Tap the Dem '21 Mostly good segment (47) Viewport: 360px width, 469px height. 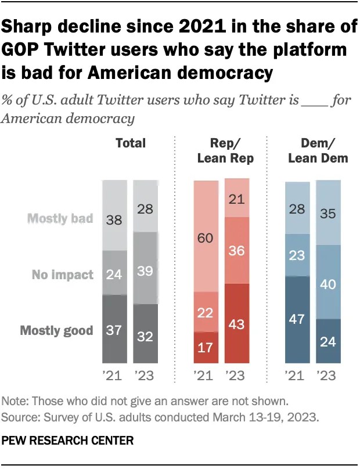point(298,320)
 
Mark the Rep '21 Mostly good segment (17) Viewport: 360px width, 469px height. point(206,347)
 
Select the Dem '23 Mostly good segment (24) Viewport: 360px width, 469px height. point(329,341)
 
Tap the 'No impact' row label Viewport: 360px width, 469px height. point(63,275)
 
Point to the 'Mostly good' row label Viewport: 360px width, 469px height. point(57,331)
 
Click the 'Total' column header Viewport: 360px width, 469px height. point(130,143)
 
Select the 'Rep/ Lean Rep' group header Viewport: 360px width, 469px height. point(221,150)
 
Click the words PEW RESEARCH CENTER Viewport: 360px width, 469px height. point(68,441)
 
